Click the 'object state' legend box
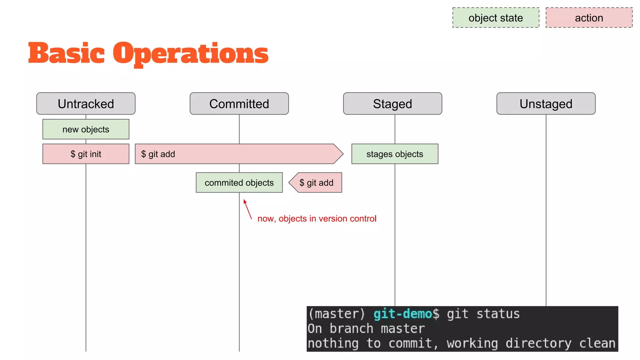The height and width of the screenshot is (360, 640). pos(496,18)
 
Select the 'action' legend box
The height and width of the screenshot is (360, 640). pos(589,18)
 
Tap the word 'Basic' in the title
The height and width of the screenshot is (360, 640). pos(66,53)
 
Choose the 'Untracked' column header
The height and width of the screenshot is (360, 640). pos(86,104)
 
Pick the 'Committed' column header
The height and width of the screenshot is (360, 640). pos(239,104)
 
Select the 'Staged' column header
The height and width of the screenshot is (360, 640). pos(392,104)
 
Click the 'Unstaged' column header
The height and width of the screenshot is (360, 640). pos(546,104)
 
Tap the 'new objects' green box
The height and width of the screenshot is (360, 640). pos(86,129)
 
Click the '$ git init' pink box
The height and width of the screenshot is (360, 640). pos(86,154)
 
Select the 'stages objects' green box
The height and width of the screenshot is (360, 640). pos(395,154)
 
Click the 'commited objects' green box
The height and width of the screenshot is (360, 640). pos(239,182)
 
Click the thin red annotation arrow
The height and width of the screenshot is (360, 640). pos(247,209)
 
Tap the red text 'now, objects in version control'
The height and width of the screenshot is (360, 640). pos(317,218)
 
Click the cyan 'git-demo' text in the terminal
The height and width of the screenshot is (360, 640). pos(403,314)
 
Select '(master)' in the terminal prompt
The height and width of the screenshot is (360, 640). pos(337,314)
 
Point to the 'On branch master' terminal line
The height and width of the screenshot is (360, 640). pos(366,328)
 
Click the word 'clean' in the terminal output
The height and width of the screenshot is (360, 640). pos(597,343)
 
